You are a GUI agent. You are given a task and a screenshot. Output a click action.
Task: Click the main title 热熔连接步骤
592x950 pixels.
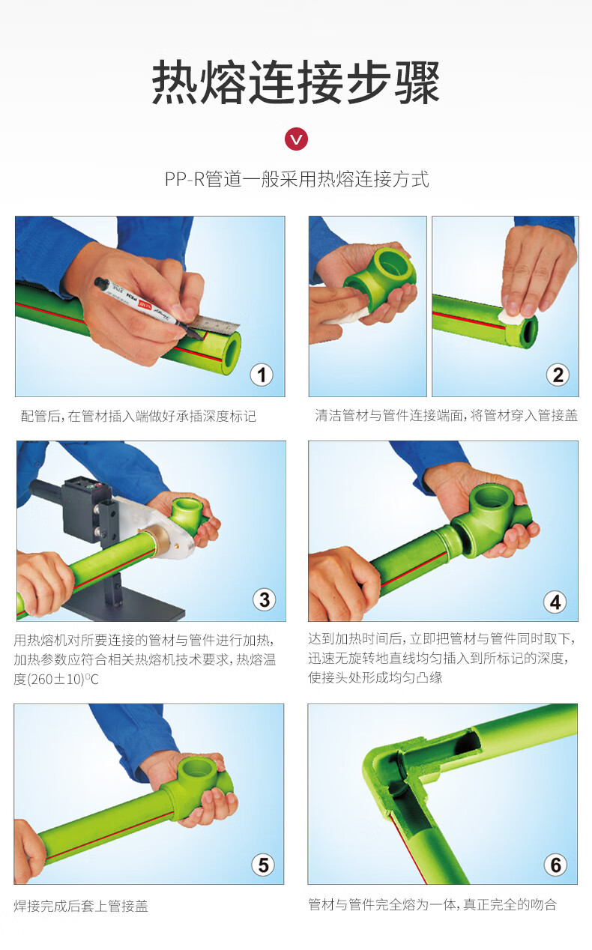tap(296, 82)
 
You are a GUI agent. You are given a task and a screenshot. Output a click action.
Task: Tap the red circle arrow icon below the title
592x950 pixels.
tap(297, 139)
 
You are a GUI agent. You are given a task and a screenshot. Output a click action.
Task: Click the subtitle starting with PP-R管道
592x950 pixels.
tap(297, 180)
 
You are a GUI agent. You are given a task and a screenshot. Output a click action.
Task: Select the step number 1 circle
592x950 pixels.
tap(261, 374)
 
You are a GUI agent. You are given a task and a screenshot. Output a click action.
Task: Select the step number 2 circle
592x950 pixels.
tap(557, 374)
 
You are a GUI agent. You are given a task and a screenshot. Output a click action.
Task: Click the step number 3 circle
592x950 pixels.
tap(264, 599)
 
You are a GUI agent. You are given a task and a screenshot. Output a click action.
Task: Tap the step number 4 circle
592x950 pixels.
tap(555, 601)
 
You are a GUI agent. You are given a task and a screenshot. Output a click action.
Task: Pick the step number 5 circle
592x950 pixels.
tap(262, 865)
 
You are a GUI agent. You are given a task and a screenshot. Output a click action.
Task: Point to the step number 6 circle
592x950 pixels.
tap(555, 865)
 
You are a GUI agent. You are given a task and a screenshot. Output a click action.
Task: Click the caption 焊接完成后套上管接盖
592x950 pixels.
tap(81, 906)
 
